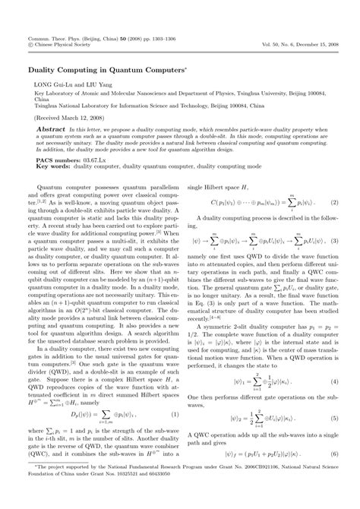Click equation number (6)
[x=333, y=454]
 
